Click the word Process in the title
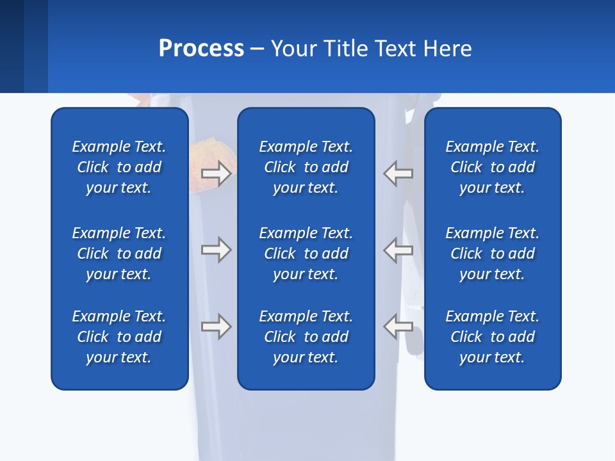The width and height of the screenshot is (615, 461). (201, 49)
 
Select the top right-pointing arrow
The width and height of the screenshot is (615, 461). (217, 174)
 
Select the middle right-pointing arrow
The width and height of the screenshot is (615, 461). (217, 250)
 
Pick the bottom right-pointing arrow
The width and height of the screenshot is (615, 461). (217, 327)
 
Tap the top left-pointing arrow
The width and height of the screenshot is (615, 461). (398, 174)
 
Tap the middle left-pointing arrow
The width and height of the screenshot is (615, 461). (398, 250)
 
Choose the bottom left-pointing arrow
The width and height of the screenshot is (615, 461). (398, 327)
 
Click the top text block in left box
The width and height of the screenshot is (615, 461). (119, 167)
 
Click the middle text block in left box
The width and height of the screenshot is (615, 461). (119, 254)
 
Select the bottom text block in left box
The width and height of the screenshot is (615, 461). (119, 337)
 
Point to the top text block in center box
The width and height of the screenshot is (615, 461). (306, 167)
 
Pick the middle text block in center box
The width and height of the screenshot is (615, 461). (306, 254)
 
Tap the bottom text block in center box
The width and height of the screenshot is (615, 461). (306, 337)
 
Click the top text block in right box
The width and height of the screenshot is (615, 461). (493, 167)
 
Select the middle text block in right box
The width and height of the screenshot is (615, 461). (493, 254)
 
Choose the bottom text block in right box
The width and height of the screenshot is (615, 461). (493, 337)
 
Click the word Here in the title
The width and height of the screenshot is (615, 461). (448, 49)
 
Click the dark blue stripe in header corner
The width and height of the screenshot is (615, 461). (12, 46)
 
